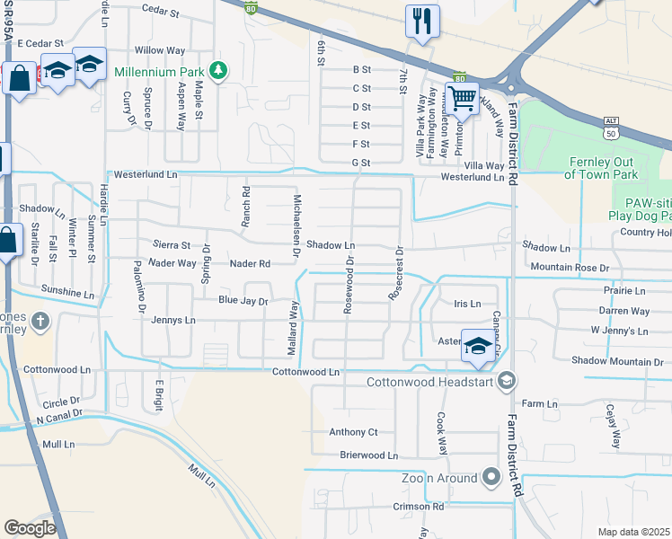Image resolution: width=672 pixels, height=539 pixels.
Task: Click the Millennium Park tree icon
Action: [217, 70]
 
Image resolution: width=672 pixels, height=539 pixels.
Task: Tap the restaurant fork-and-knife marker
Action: [421, 20]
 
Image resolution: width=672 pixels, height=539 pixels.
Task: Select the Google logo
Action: [30, 527]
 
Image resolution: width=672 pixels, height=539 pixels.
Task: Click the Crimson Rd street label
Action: [419, 507]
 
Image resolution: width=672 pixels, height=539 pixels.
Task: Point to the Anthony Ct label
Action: [353, 432]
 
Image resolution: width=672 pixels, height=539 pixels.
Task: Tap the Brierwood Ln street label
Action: [368, 455]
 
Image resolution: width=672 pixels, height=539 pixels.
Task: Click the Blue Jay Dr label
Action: [243, 302]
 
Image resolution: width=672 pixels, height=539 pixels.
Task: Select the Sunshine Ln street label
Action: [67, 293]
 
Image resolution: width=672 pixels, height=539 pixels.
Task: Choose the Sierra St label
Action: [172, 244]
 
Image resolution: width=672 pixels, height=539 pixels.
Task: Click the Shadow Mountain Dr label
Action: [619, 360]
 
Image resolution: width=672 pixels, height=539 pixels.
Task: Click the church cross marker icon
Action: [40, 321]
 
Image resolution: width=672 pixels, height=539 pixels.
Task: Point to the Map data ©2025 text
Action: [634, 532]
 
